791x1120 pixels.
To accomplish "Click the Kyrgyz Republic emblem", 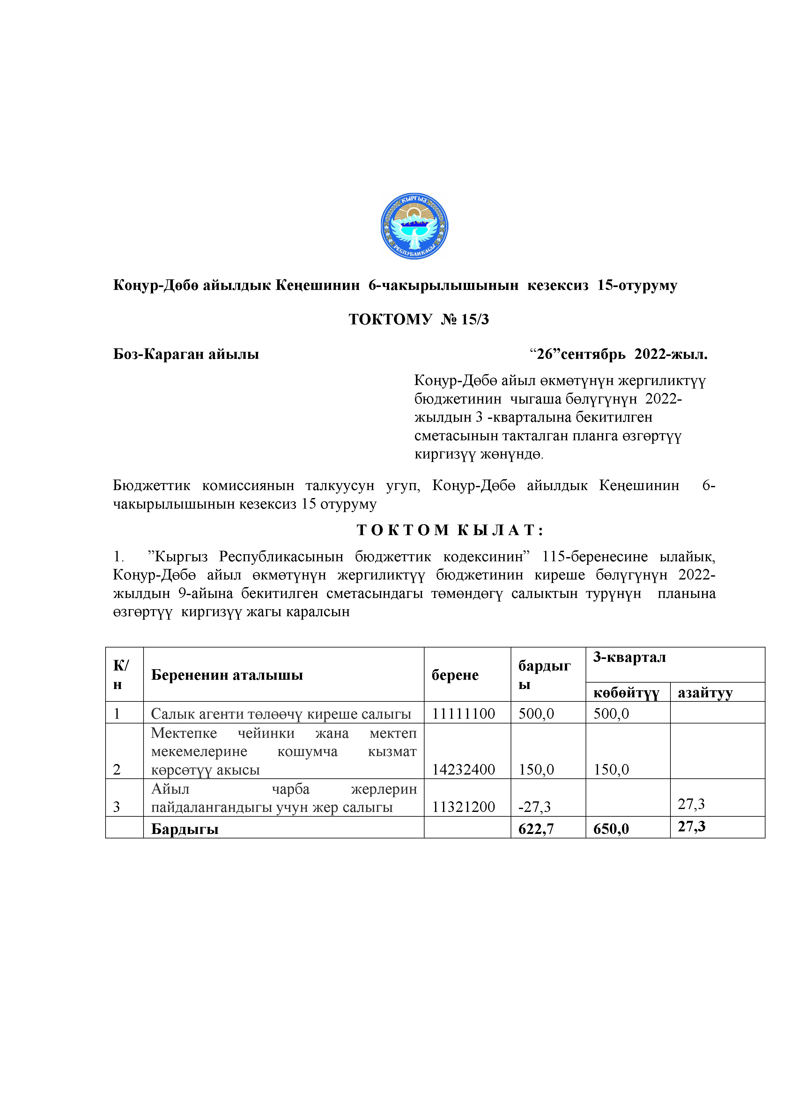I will point(414,226).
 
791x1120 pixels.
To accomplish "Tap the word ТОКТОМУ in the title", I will point(390,320).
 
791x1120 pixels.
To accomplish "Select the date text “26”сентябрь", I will point(578,354).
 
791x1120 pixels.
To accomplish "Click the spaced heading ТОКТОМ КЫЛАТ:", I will point(450,530).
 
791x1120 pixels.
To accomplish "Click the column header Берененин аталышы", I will point(227,675).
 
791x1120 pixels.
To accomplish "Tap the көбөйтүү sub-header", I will point(626,693).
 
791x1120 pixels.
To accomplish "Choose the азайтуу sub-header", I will point(705,693).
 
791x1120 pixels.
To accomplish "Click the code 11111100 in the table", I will point(463,714).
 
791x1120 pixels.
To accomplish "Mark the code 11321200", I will point(463,807).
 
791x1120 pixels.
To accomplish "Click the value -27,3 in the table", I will point(534,807).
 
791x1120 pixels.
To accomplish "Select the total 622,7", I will point(536,829).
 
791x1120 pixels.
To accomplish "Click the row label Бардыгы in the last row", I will point(185,829).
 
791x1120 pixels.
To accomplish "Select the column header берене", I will point(455,675).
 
